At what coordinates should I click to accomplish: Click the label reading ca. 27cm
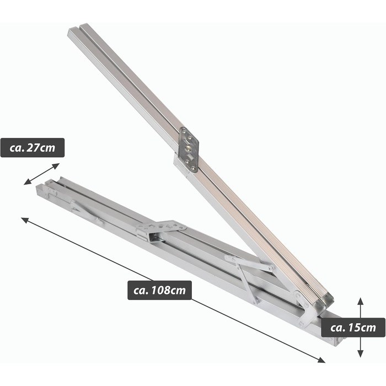33,148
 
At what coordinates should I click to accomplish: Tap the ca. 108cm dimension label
159,290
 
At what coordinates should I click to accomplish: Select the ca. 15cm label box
353,328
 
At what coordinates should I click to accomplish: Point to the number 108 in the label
160,291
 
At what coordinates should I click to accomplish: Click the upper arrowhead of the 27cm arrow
56,165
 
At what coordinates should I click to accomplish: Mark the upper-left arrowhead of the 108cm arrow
25,220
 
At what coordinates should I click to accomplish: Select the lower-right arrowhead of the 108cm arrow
321,360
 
